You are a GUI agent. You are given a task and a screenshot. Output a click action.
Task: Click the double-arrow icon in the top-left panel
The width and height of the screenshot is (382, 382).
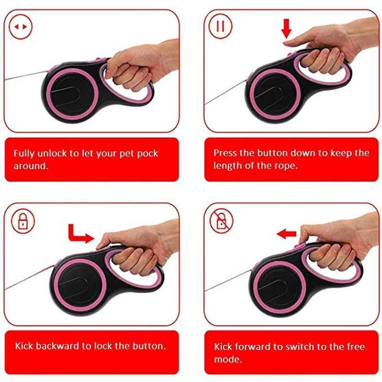(x=21, y=27)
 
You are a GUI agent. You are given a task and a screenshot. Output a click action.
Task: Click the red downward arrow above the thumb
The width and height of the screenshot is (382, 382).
(x=286, y=29)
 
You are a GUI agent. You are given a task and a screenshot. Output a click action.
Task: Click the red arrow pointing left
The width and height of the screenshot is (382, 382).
(x=286, y=233)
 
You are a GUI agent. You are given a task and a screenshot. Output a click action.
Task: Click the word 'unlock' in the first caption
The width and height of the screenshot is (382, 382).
(x=51, y=154)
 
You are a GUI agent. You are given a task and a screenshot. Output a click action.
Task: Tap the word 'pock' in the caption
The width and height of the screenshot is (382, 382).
(x=146, y=154)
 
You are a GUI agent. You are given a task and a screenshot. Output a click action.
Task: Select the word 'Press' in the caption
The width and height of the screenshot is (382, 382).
(x=224, y=153)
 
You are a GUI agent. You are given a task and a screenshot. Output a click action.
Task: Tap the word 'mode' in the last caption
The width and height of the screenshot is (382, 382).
(x=225, y=359)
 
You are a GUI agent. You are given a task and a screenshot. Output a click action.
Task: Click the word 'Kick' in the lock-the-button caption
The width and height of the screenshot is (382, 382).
(x=23, y=346)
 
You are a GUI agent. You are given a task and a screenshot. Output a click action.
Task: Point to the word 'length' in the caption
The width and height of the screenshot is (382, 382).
(x=226, y=166)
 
